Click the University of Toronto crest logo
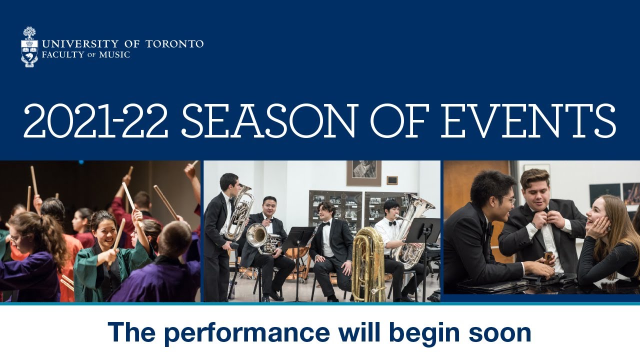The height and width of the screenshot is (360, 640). coord(30,46)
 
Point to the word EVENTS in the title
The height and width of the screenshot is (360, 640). coord(528,121)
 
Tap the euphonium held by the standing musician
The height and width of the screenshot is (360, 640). coord(238,212)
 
